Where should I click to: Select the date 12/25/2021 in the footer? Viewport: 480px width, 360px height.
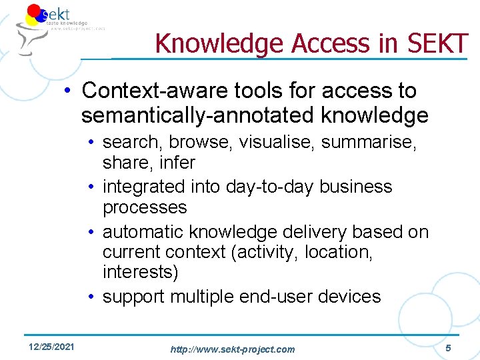(52, 347)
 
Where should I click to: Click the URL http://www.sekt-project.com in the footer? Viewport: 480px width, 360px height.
(232, 349)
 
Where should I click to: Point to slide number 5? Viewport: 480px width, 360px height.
(448, 347)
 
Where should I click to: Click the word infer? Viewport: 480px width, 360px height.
(178, 162)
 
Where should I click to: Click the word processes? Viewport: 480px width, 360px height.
(145, 207)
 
